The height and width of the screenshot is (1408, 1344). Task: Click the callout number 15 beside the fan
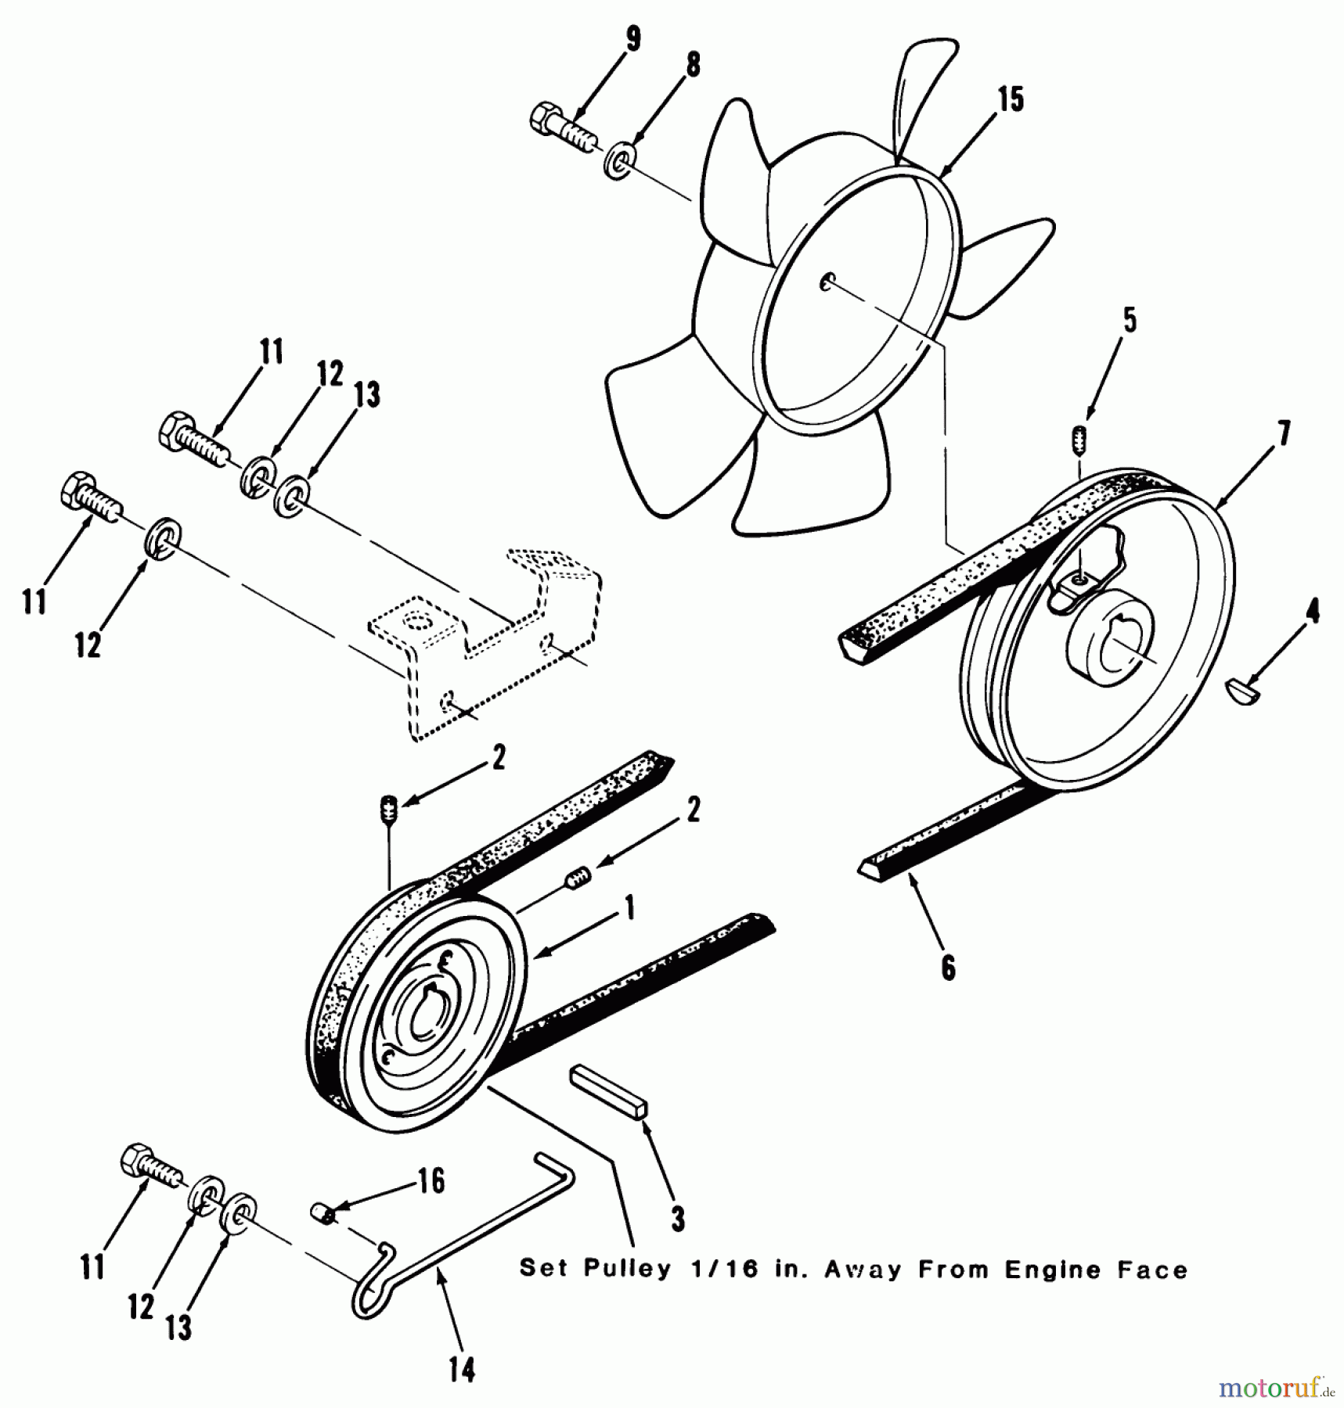(1011, 100)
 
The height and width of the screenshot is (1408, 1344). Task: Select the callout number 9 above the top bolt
(632, 39)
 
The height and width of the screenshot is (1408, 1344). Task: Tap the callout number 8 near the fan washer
(693, 65)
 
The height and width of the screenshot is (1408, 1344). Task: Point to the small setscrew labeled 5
(1079, 440)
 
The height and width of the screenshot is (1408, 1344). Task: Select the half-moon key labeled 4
(1241, 691)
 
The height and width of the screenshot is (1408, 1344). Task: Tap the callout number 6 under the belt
(948, 968)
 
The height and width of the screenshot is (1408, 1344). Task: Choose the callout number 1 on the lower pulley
(628, 909)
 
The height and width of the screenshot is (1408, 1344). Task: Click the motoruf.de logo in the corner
(1277, 1388)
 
